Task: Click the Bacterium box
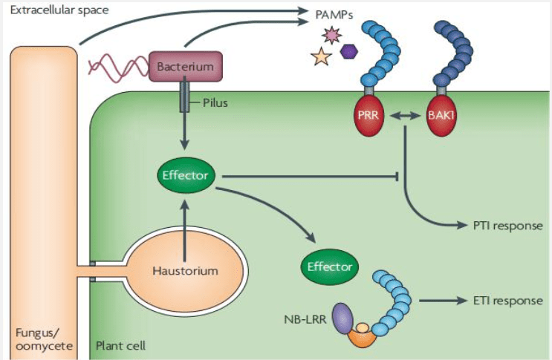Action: click(186, 67)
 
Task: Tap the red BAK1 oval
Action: click(445, 117)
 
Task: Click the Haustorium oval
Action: click(186, 270)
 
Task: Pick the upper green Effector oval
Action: click(186, 176)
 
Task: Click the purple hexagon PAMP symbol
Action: click(348, 51)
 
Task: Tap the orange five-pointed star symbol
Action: click(322, 56)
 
